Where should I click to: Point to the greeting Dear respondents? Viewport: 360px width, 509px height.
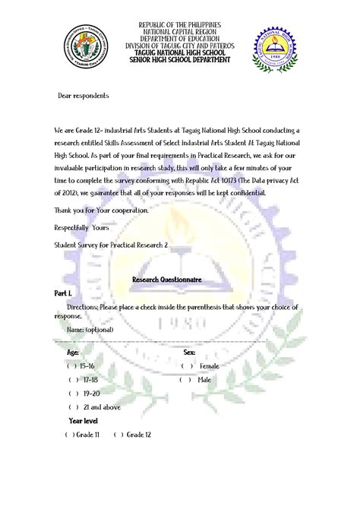coord(84,96)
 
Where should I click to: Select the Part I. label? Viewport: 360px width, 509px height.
coord(63,292)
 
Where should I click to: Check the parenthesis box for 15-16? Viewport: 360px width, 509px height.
coord(72,365)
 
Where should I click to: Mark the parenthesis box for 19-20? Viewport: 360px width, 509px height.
coord(72,394)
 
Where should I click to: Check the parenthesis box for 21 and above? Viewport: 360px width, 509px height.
coord(73,406)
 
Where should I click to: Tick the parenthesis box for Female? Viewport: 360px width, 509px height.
coord(185,365)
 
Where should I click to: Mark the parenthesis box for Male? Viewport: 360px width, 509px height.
coord(185,379)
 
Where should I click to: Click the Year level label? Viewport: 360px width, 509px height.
coord(83,420)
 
